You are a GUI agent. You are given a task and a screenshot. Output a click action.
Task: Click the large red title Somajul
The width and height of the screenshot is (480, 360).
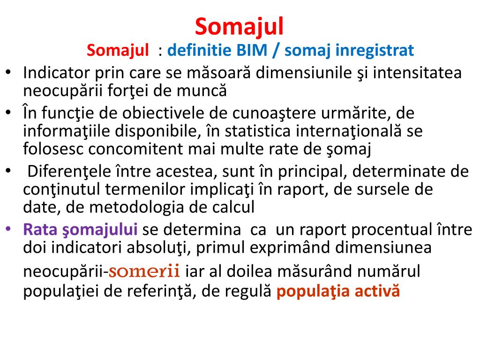pos(240,26)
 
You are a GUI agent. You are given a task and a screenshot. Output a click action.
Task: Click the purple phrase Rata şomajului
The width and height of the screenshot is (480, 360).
pos(80,230)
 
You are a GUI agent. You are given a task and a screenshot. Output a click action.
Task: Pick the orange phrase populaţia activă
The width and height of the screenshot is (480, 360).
pos(338,292)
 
